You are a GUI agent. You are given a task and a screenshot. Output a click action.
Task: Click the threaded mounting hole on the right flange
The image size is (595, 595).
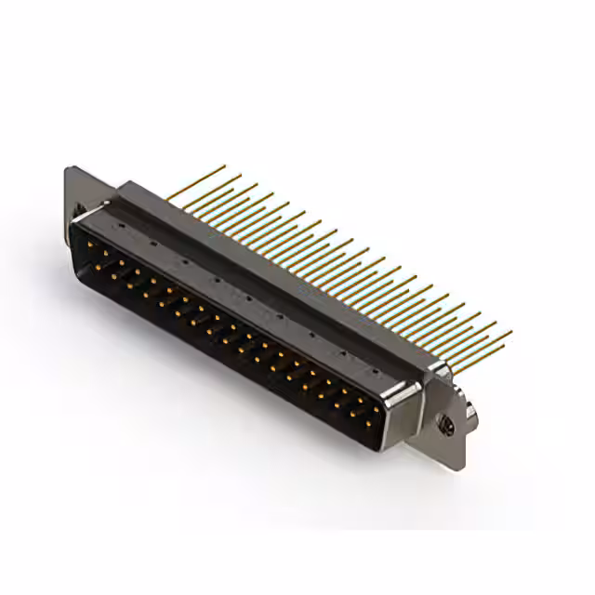point(445,424)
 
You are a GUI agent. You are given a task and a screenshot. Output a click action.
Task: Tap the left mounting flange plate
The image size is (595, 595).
point(80,190)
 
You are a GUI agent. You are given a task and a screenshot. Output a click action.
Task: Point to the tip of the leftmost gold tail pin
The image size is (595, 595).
point(224,167)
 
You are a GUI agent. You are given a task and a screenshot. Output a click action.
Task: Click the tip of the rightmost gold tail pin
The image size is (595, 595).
point(510,332)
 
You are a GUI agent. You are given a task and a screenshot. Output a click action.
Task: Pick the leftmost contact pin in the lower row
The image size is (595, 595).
point(95,266)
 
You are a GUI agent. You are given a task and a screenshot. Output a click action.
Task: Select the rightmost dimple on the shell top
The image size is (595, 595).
point(346,354)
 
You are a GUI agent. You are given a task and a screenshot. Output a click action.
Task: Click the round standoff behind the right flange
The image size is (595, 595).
point(472,410)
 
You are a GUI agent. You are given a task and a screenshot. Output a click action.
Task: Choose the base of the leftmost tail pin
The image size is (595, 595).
point(171,197)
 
